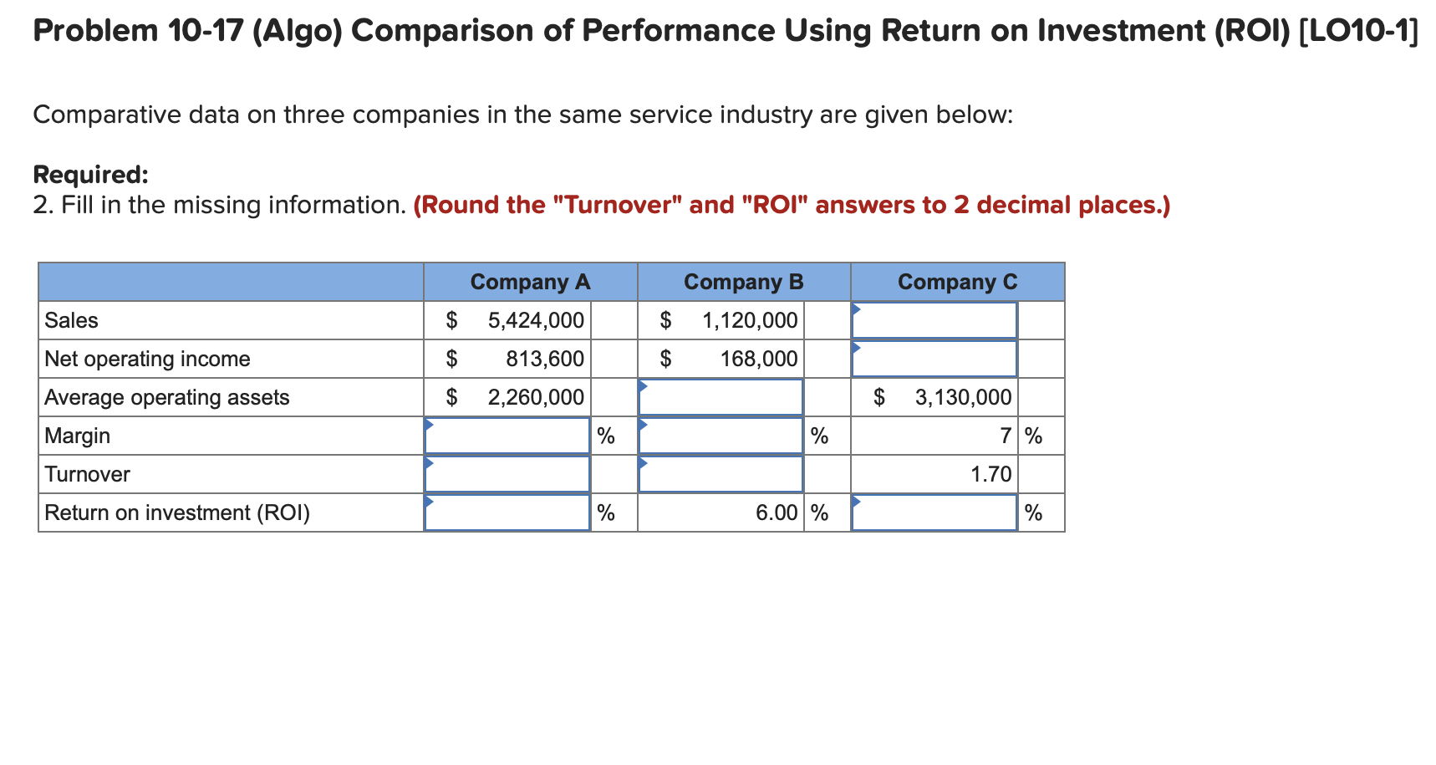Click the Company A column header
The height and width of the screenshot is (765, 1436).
[530, 282]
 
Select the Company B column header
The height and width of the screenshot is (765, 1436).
[743, 282]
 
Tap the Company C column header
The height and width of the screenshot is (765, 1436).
[957, 282]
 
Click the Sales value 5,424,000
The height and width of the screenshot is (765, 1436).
[536, 320]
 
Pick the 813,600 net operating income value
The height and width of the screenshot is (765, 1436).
[545, 359]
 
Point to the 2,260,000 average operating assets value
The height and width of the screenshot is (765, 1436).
[536, 397]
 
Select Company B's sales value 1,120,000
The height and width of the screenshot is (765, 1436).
[750, 320]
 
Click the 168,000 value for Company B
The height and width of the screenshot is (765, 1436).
[759, 359]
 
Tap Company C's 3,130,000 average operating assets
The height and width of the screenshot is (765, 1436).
[963, 397]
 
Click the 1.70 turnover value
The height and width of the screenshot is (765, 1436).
[990, 474]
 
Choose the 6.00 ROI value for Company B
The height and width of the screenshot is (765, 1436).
[777, 513]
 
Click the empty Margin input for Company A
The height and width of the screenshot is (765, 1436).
[507, 436]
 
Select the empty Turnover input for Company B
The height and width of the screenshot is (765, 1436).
[721, 474]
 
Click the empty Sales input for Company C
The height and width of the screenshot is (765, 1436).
[934, 320]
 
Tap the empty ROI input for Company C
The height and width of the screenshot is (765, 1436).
[934, 513]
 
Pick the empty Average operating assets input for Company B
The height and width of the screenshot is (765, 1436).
[721, 397]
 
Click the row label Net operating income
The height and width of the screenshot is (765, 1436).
[147, 359]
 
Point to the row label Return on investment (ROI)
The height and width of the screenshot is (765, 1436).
[177, 513]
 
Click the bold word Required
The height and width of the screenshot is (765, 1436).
[90, 175]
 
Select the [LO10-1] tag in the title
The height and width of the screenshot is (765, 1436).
[1359, 31]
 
